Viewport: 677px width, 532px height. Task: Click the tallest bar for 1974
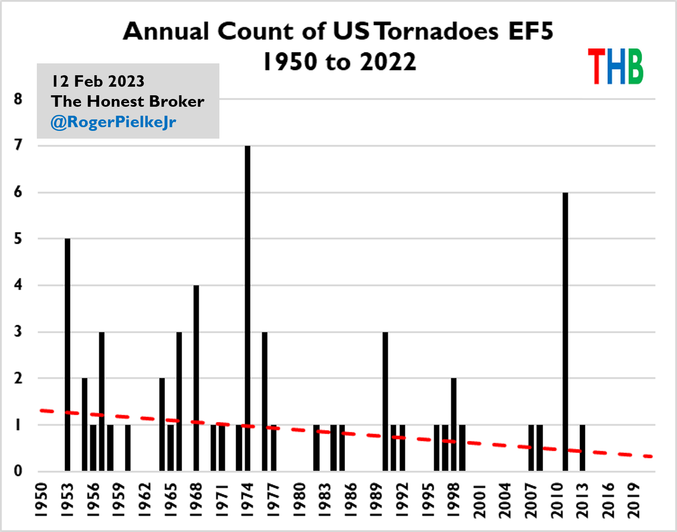[x=247, y=307]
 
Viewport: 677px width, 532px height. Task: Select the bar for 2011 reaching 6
[x=565, y=331]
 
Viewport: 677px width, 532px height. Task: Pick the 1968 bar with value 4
[x=196, y=378]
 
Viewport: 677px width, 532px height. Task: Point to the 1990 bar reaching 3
[x=385, y=401]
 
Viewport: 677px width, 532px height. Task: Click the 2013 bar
[x=582, y=448]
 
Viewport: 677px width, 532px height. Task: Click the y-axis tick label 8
[x=18, y=99]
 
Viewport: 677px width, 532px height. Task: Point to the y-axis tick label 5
[x=18, y=239]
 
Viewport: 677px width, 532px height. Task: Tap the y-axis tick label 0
[x=18, y=471]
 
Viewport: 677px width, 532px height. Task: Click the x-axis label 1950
[x=41, y=500]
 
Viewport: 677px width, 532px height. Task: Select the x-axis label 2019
[x=634, y=500]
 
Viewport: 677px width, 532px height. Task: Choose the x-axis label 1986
[x=350, y=500]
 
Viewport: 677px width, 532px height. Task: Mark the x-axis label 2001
[x=479, y=500]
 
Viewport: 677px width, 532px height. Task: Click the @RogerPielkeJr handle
[x=113, y=122]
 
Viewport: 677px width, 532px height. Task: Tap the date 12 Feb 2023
[x=98, y=81]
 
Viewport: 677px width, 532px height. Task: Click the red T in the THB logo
[x=596, y=66]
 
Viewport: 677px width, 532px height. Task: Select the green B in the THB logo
[x=634, y=66]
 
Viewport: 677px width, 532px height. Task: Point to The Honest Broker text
[x=127, y=101]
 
